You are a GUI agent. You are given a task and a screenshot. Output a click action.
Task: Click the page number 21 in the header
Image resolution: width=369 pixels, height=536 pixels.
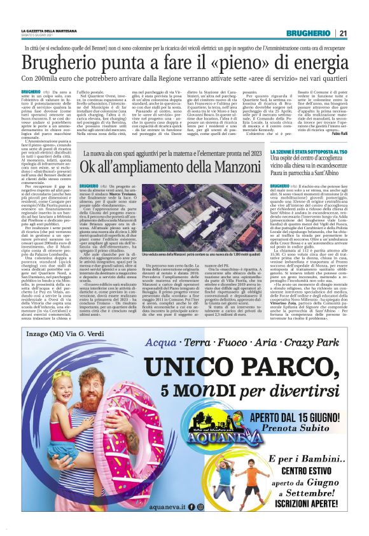pos(343,33)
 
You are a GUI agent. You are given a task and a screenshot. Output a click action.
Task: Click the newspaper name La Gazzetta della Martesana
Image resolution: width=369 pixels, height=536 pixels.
pos(50,31)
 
